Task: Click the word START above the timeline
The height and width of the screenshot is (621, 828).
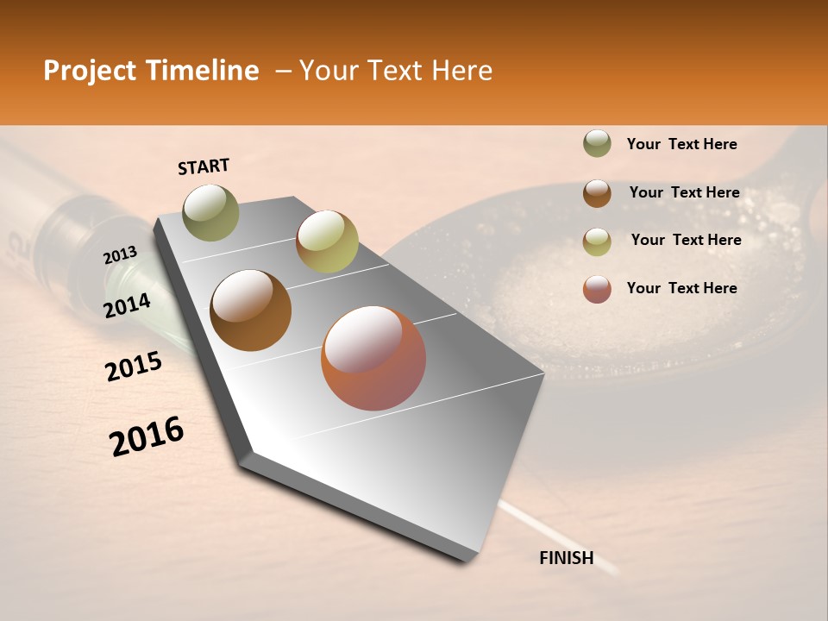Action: coord(204,166)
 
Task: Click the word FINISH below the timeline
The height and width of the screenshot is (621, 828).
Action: coord(566,558)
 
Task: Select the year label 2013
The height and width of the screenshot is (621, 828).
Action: coord(120,255)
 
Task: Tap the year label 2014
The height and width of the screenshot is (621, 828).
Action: coord(127,305)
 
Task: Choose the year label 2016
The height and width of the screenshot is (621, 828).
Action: coord(147,436)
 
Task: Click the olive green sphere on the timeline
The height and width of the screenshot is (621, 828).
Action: coord(210,212)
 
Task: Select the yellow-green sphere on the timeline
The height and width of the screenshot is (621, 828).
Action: coord(327,241)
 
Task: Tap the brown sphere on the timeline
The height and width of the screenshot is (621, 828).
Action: coord(251,310)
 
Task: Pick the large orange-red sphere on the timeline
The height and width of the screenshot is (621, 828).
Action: coord(373,358)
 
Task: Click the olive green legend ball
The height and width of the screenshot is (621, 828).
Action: coord(597,144)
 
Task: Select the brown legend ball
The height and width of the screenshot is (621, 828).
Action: coord(597,193)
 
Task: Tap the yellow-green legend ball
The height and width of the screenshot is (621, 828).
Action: coord(597,241)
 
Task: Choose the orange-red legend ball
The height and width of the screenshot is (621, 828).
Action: coord(597,289)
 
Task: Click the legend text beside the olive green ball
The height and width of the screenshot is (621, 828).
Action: coord(681,144)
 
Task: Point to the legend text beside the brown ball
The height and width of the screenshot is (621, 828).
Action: coord(684,192)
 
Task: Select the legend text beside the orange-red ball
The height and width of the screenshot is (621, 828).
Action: coord(681,288)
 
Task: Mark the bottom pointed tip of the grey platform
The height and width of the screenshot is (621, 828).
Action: coord(467,561)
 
